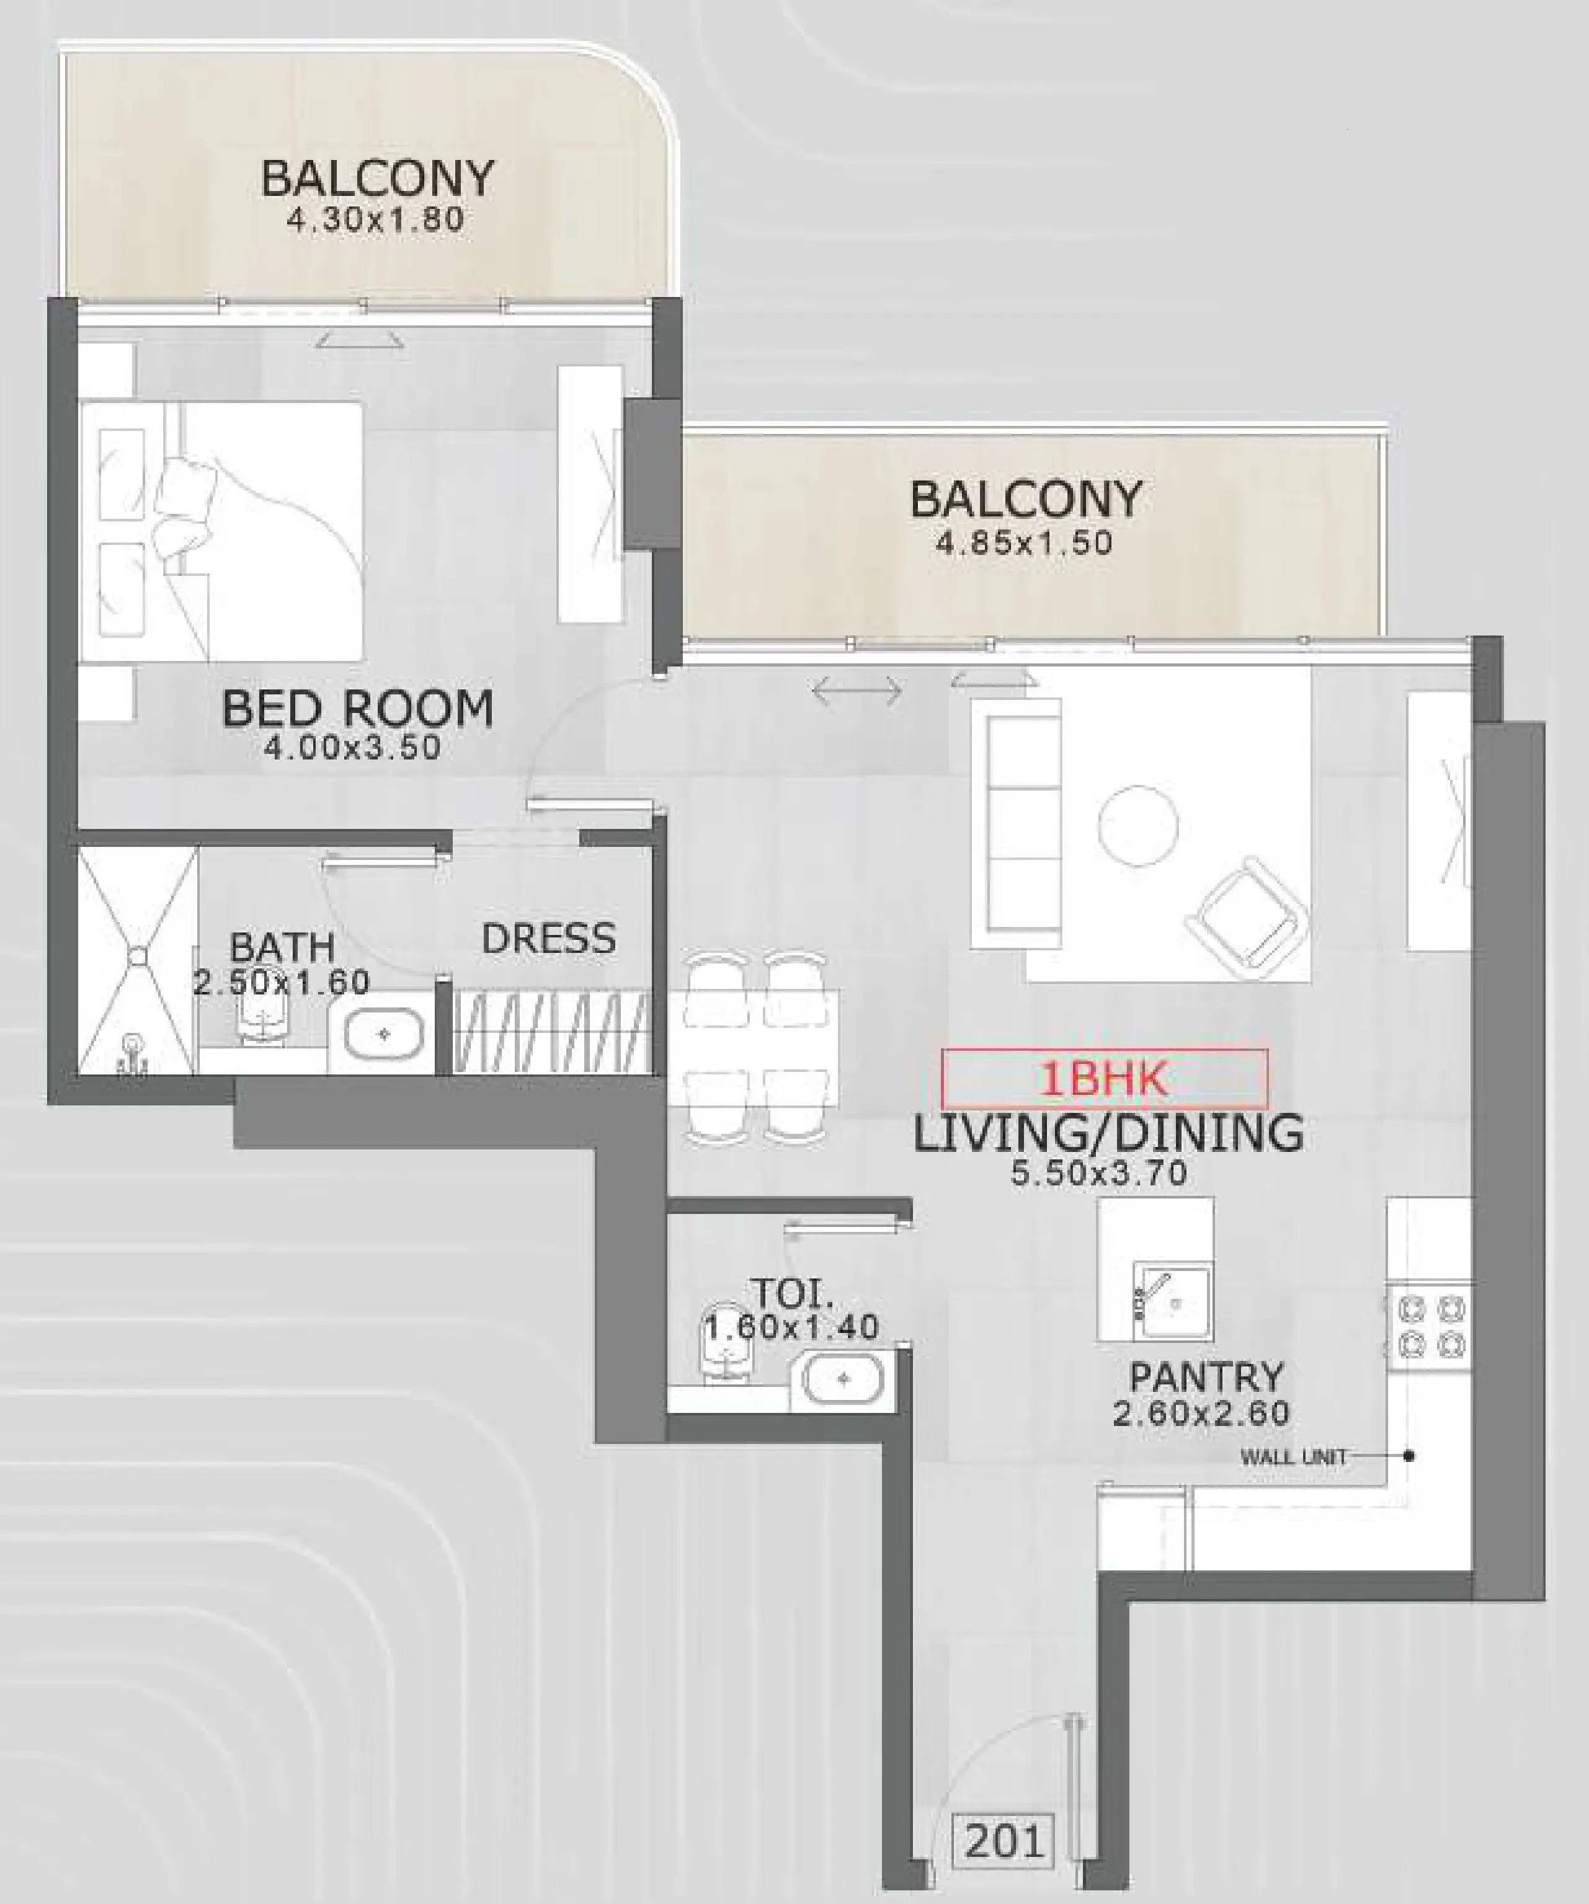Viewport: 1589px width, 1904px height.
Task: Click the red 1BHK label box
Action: tap(1104, 1079)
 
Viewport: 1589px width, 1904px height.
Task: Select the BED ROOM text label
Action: tap(358, 709)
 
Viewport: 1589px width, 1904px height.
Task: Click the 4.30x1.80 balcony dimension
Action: tap(375, 219)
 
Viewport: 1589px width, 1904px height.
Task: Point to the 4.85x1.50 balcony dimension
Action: tap(1025, 543)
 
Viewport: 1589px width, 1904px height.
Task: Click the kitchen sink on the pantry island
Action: tap(1173, 1303)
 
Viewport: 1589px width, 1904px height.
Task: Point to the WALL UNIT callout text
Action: tap(1293, 1457)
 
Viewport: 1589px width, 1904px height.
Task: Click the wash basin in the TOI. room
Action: tap(843, 1379)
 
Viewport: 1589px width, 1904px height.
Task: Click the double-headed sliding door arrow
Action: tap(857, 691)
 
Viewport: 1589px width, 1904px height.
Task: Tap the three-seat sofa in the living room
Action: tap(1016, 823)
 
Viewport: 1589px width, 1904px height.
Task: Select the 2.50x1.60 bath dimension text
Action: tap(282, 982)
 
